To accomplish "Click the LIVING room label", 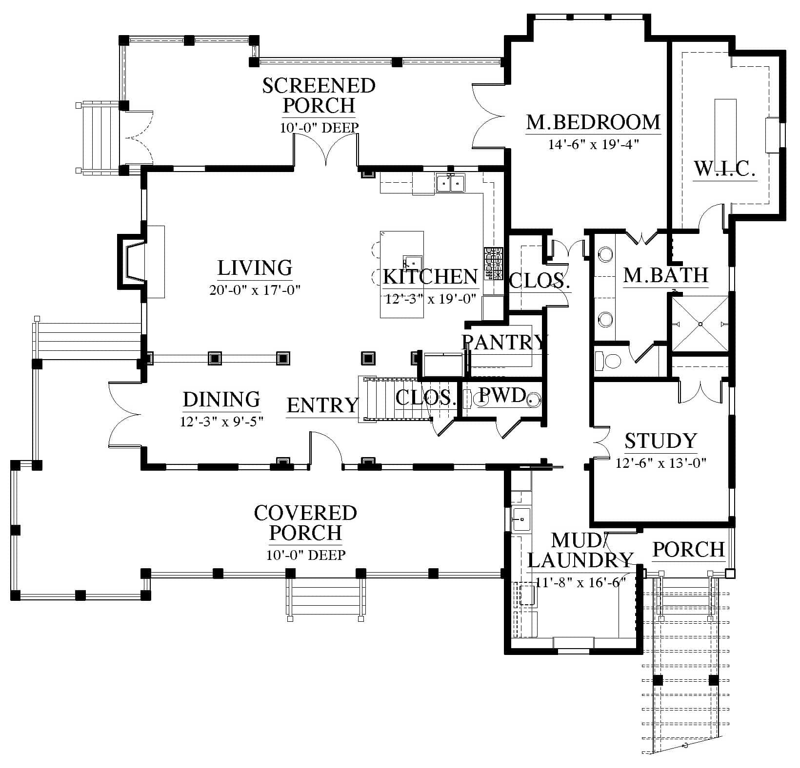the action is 255,268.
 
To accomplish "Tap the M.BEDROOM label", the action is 594,122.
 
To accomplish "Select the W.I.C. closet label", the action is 725,169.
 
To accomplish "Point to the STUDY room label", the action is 661,441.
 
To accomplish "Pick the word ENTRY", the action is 322,405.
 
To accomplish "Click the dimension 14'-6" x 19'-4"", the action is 594,145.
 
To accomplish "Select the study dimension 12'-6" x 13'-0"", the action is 661,463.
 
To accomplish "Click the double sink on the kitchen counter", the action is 451,183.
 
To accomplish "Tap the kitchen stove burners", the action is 493,264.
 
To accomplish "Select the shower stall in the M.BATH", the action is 700,323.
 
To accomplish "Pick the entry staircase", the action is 395,399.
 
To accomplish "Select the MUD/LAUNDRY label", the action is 580,551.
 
